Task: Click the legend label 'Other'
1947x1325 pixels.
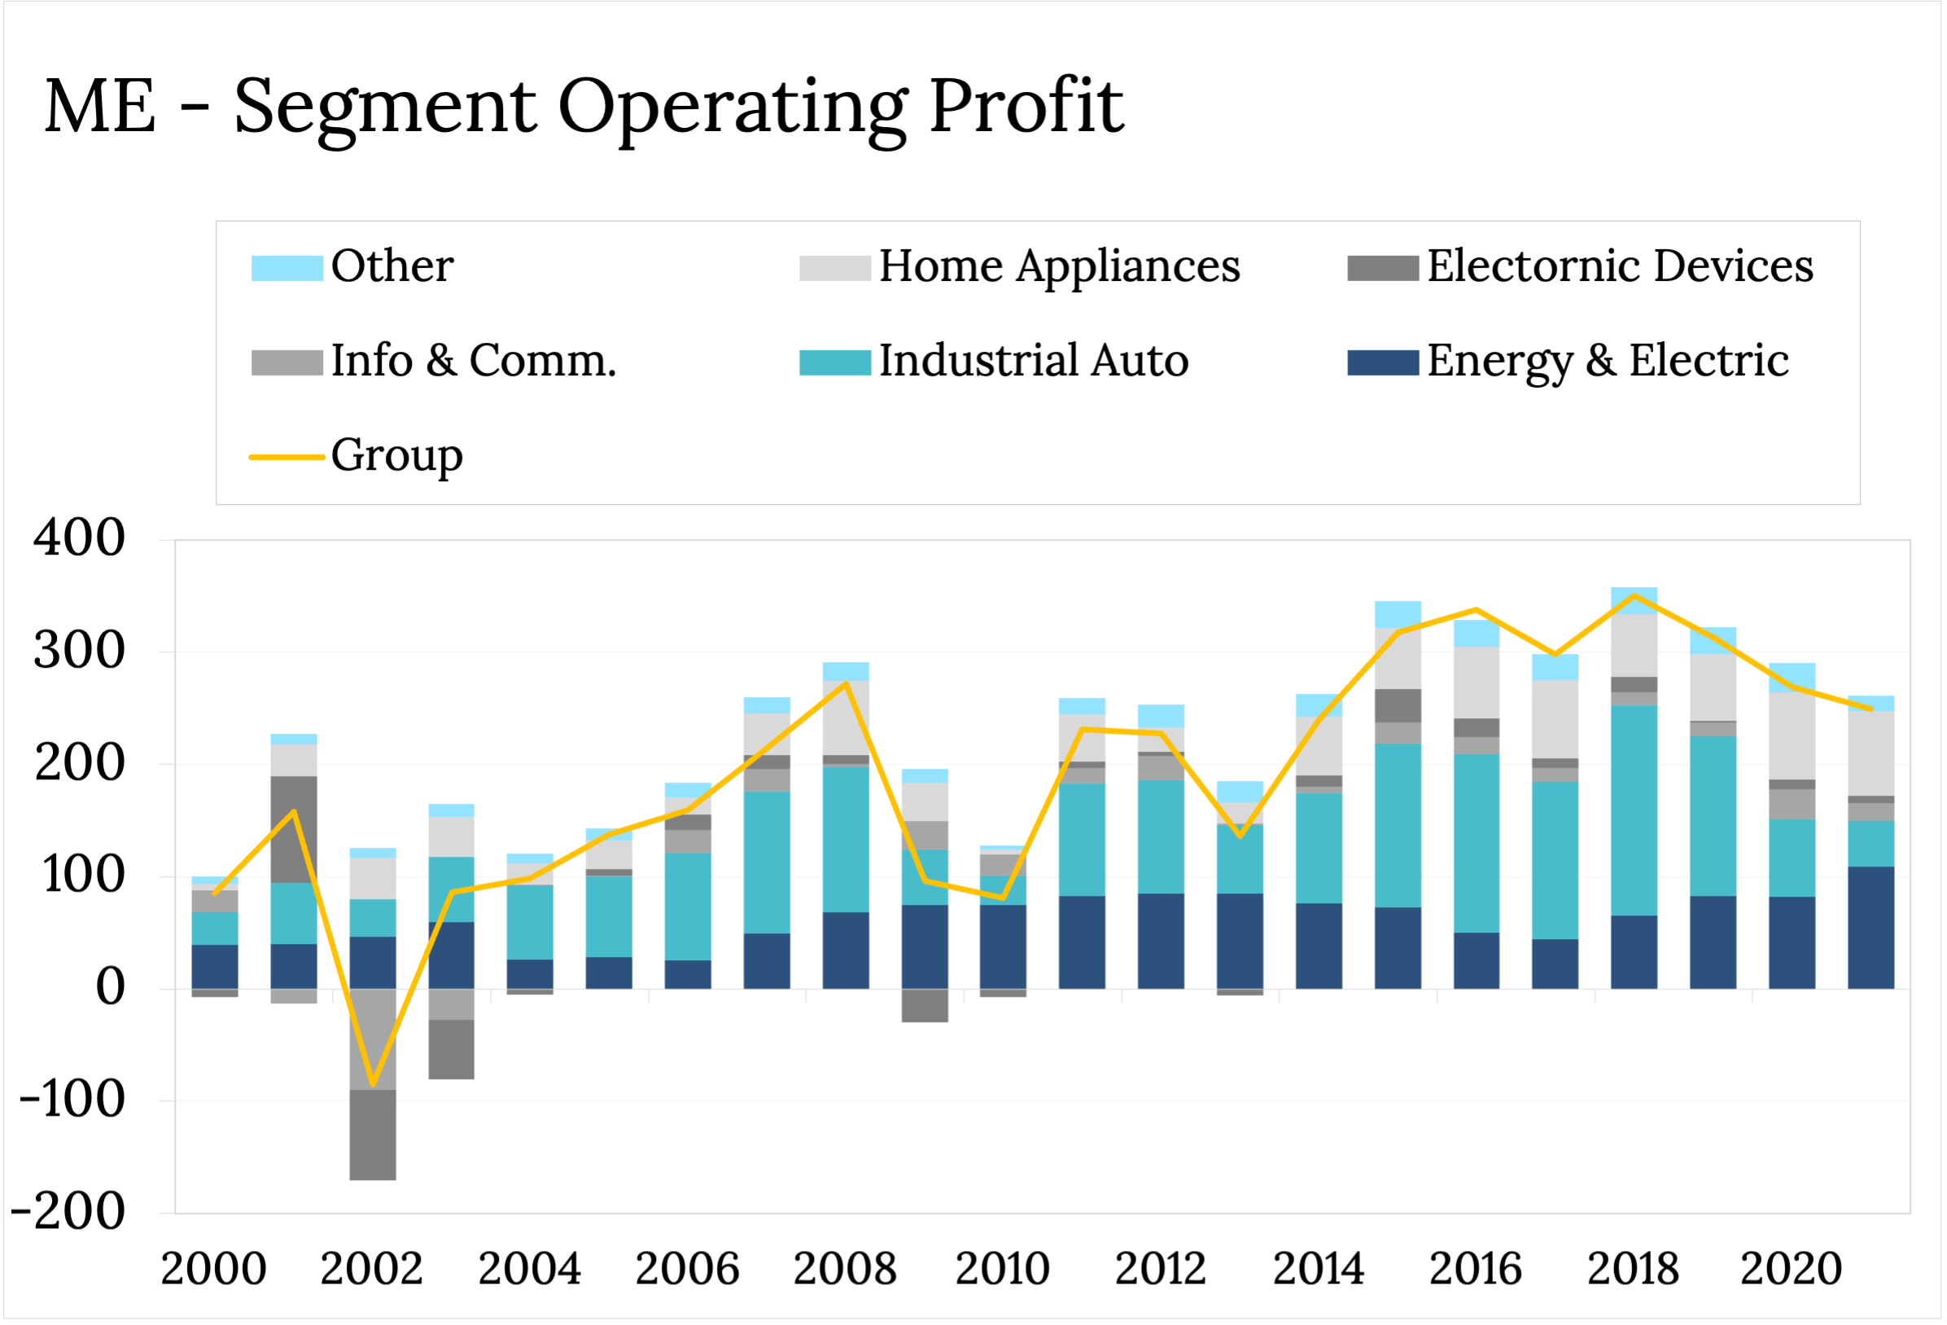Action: pyautogui.click(x=392, y=266)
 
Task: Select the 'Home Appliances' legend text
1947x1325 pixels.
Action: pyautogui.click(x=1059, y=266)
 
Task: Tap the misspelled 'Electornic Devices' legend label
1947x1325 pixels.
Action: pyautogui.click(x=1620, y=266)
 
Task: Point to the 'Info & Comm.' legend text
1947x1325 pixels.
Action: pyautogui.click(x=474, y=362)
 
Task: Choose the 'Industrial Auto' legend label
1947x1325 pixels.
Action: pyautogui.click(x=1033, y=362)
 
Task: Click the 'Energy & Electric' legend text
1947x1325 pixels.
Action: pyautogui.click(x=1608, y=362)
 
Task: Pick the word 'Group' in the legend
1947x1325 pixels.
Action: pyautogui.click(x=396, y=456)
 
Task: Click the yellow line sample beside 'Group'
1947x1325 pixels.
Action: pyautogui.click(x=287, y=457)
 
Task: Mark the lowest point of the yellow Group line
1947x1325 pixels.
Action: pyautogui.click(x=373, y=1086)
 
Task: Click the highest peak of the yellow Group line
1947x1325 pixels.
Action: pyautogui.click(x=1634, y=595)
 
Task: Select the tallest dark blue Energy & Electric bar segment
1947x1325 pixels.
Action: pyautogui.click(x=1870, y=928)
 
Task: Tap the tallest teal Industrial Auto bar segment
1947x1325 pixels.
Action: pyautogui.click(x=1634, y=809)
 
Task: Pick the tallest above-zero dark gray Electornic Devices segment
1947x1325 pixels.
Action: pyautogui.click(x=294, y=829)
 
